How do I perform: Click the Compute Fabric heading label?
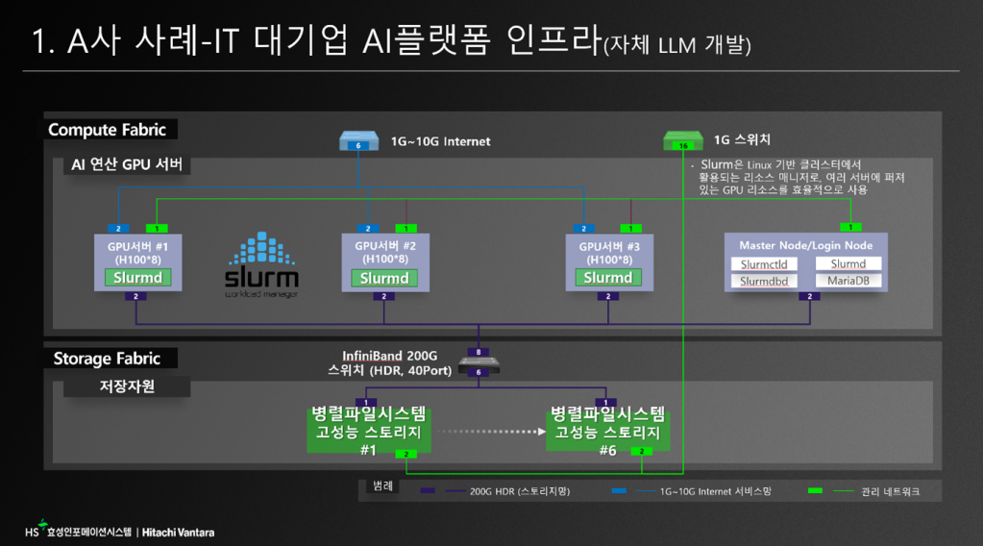coord(107,130)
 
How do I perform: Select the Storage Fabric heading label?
coord(106,359)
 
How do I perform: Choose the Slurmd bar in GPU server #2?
coord(384,278)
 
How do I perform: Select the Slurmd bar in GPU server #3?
coord(607,278)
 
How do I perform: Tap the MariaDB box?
coord(848,281)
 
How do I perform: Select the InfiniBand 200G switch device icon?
coord(478,363)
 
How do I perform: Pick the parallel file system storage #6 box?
coord(606,428)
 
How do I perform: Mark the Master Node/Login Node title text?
coord(805,245)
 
